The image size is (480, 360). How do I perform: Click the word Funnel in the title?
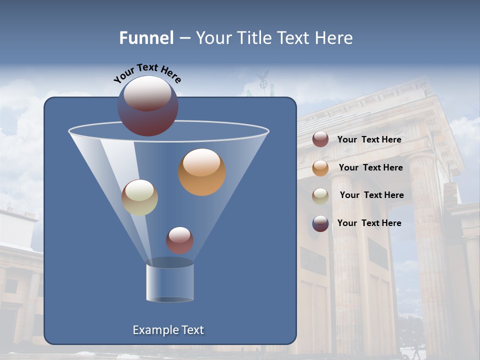coord(146,38)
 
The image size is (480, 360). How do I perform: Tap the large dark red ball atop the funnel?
coord(148,106)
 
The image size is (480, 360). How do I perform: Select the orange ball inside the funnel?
coord(202,172)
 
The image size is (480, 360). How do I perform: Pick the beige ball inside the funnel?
coord(139,197)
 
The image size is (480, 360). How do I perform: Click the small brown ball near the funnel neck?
coord(179,240)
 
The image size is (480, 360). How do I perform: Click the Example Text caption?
coord(168,330)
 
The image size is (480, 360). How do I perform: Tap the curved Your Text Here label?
coord(147,73)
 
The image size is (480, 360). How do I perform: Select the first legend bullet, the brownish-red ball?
coord(320,139)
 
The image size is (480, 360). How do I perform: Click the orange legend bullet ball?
coord(320,168)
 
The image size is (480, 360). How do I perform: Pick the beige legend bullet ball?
coord(320,195)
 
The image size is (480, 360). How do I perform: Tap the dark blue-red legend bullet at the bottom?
coord(320,223)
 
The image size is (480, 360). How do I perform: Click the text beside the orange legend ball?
coord(370,167)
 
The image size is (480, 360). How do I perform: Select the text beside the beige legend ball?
coord(371,195)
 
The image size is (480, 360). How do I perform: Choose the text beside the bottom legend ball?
coord(369,223)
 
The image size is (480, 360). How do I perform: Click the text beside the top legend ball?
coord(369,139)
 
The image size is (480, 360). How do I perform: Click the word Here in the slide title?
coord(333,38)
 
